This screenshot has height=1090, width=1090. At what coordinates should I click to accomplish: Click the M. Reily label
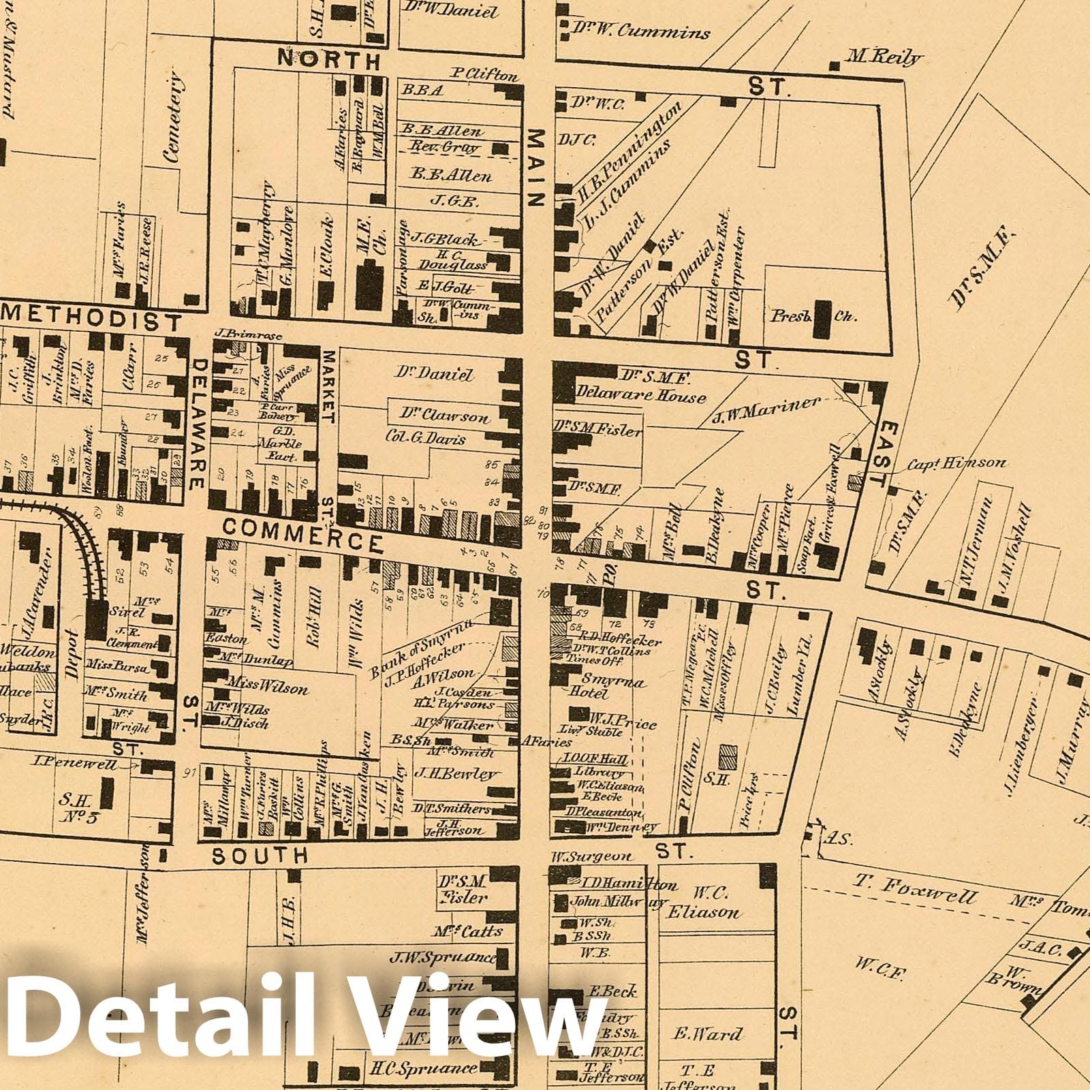click(883, 58)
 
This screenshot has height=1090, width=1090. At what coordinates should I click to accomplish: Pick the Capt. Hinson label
click(955, 463)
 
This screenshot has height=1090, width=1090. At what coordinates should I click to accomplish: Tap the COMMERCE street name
click(302, 533)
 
